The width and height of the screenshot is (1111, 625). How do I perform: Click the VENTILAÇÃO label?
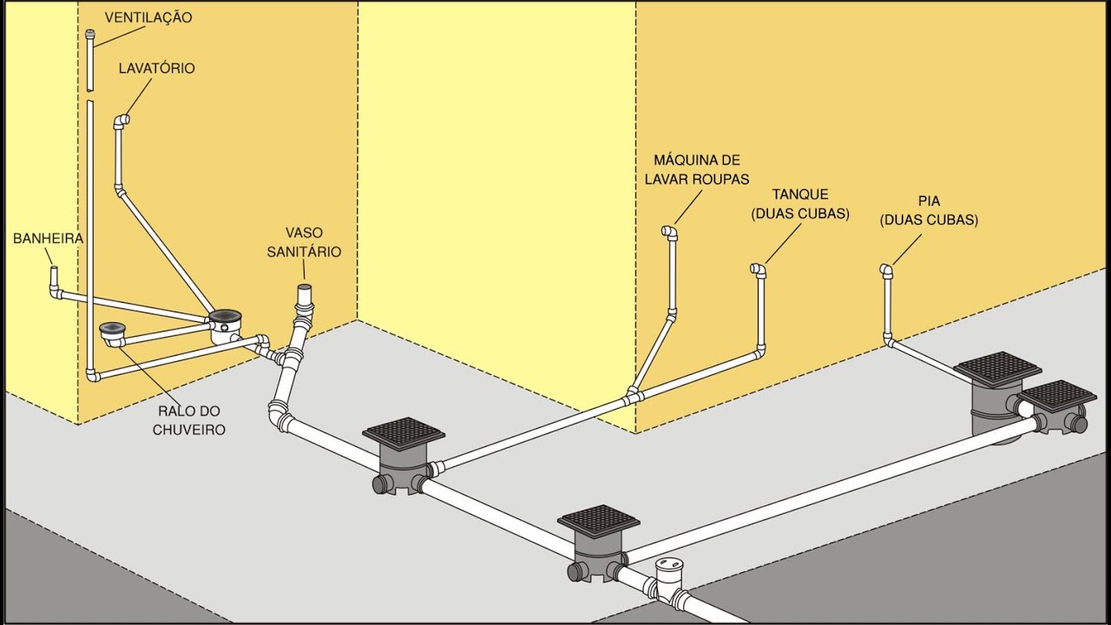pyautogui.click(x=148, y=17)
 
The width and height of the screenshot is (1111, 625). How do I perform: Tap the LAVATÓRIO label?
pyautogui.click(x=157, y=68)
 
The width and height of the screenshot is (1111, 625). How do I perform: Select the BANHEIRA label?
pyautogui.click(x=48, y=239)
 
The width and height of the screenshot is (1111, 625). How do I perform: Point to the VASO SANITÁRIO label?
pyautogui.click(x=304, y=242)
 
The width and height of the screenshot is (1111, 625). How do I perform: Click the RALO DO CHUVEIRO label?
pyautogui.click(x=188, y=420)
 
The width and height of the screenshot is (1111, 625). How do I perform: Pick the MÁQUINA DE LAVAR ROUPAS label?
pyautogui.click(x=697, y=169)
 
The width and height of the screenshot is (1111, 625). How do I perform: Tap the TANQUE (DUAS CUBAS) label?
pyautogui.click(x=800, y=203)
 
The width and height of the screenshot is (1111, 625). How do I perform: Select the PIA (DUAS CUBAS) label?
pyautogui.click(x=929, y=210)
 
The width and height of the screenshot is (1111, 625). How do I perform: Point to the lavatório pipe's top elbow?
pyautogui.click(x=122, y=121)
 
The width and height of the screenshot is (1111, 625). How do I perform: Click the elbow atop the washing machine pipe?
pyautogui.click(x=669, y=232)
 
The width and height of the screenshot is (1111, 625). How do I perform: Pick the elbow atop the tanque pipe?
pyautogui.click(x=758, y=270)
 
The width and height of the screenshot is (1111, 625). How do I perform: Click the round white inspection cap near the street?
pyautogui.click(x=671, y=564)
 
